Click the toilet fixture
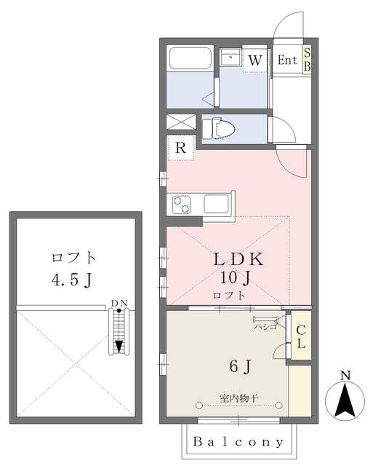pos(218,129)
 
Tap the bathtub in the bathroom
pos(190,58)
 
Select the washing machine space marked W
pos(255,58)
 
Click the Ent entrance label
pos(287,60)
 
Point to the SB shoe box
pos(307,60)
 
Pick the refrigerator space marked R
pos(180,147)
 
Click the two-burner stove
pos(181,205)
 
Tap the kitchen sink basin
pos(216,204)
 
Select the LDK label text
pos(238,259)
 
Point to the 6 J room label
pos(241,366)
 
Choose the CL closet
pos(301,335)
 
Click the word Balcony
pos(238,442)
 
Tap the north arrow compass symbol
pos(345,398)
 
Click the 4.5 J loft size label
pos(71,280)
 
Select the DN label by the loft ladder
pos(119,303)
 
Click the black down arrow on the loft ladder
pos(119,347)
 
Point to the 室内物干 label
pos(239,398)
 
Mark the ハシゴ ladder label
pos(265,327)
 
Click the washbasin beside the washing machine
pos(230,58)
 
